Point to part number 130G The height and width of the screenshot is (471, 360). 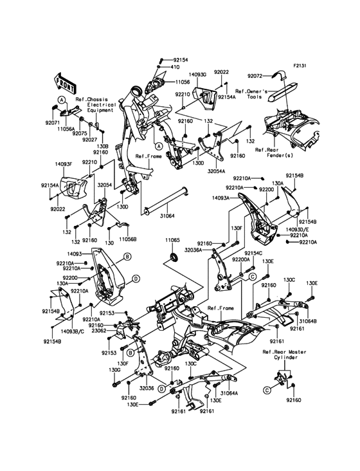click(x=115, y=370)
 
